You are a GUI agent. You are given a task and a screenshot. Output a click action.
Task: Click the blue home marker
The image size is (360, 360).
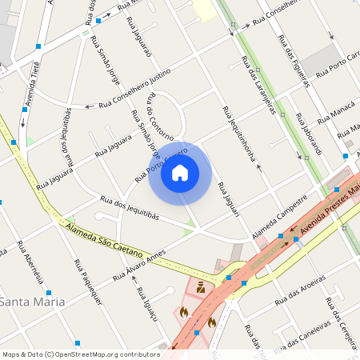[x=180, y=173]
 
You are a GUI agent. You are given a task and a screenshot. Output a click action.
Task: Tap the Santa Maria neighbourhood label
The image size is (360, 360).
[x=33, y=301]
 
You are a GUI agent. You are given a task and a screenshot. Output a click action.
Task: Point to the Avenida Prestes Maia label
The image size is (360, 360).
[x=327, y=202]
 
